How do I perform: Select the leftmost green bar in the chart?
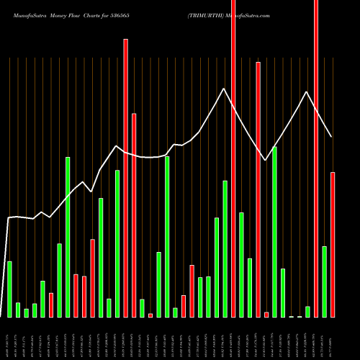pyautogui.click(x=10, y=289)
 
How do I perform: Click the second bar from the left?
pyautogui.click(x=18, y=310)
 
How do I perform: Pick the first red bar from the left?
pyautogui.click(x=51, y=305)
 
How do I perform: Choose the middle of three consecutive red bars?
pyautogui.click(x=84, y=296)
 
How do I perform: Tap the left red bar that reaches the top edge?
pyautogui.click(x=233, y=158)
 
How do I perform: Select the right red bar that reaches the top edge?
pyautogui.click(x=316, y=158)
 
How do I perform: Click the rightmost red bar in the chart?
pyautogui.click(x=333, y=244)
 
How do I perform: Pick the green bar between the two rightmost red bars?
pyautogui.click(x=325, y=281)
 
